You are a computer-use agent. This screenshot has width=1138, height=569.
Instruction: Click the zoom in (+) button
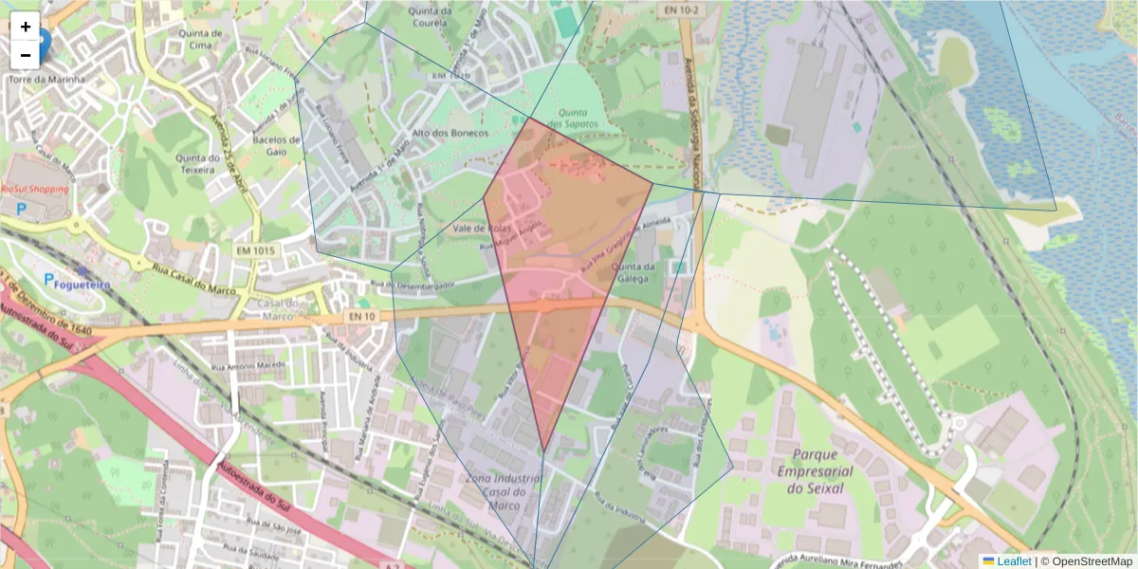[x=26, y=27]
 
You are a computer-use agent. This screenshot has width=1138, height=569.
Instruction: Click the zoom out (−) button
[x=26, y=55]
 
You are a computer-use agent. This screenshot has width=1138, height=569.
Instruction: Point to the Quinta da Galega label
[x=634, y=272]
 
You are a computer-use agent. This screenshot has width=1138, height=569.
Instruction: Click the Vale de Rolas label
[x=454, y=229]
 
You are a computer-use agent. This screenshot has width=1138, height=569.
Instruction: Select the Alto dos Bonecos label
[x=450, y=134]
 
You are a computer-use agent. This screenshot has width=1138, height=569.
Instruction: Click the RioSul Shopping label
[x=35, y=190]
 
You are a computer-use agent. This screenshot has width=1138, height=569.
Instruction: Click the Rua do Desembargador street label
[x=413, y=284]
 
